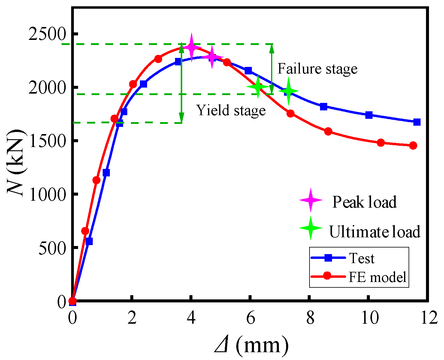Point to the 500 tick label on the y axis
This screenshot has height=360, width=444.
(x=53, y=248)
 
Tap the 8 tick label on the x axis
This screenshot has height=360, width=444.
(x=310, y=318)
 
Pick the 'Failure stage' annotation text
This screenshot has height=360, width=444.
(x=317, y=69)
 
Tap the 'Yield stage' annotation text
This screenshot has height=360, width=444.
(x=231, y=110)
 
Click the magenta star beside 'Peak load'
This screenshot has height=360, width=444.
(x=311, y=200)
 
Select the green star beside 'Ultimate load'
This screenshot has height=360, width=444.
(x=311, y=228)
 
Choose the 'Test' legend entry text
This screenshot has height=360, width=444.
(x=362, y=258)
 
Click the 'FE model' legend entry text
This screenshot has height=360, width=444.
(x=377, y=277)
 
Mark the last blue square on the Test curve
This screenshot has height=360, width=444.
(x=417, y=122)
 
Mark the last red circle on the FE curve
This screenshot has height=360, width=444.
(x=413, y=145)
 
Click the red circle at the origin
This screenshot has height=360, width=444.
(x=72, y=301)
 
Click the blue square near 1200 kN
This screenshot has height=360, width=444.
(x=106, y=173)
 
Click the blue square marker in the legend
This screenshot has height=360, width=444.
(x=328, y=258)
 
